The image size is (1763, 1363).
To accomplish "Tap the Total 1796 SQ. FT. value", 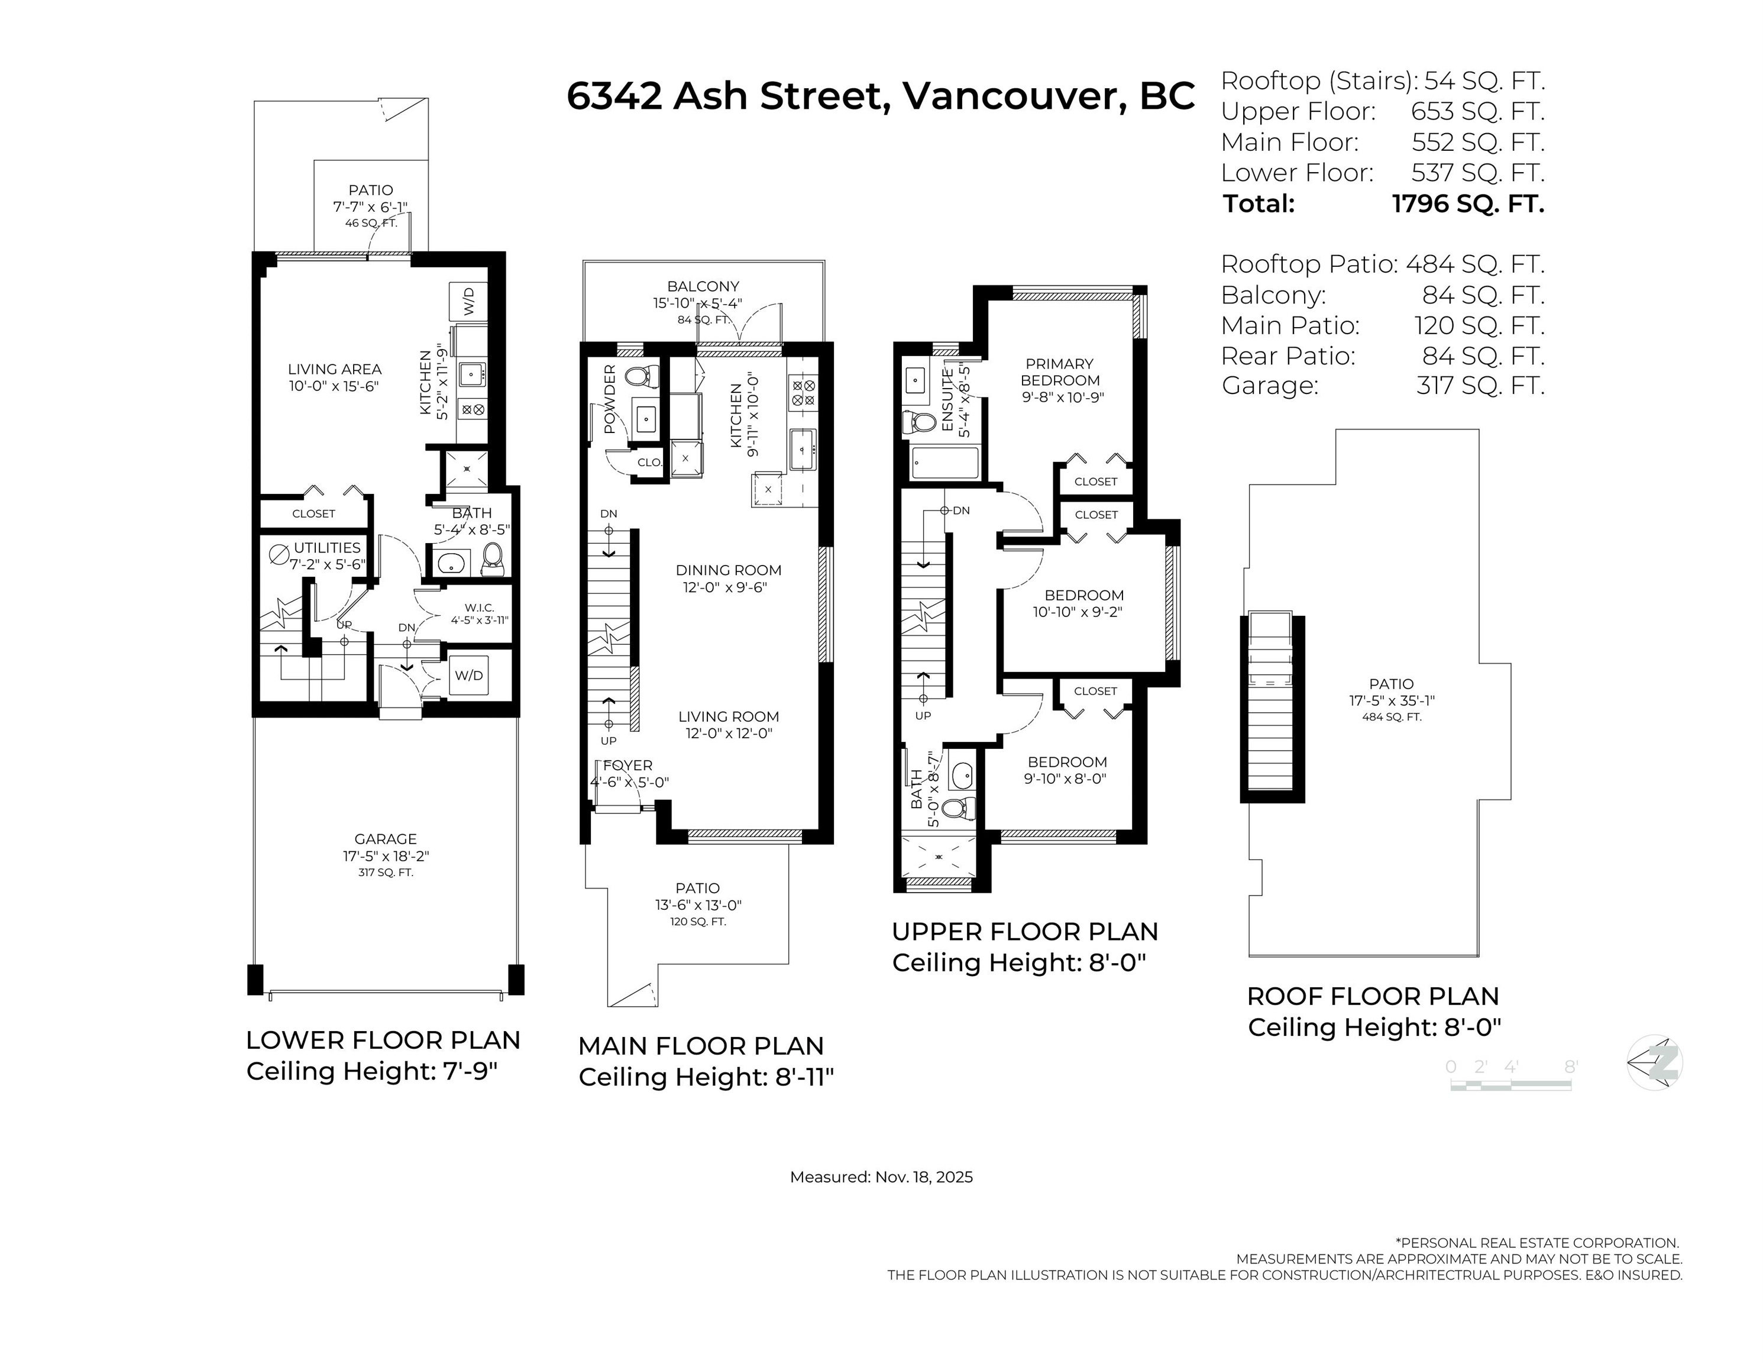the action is click(x=1467, y=204).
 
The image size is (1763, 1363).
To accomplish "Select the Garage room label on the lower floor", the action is click(x=386, y=839).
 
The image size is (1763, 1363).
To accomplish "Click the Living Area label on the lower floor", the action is click(x=334, y=369).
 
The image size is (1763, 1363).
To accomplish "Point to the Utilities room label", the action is click(x=327, y=547).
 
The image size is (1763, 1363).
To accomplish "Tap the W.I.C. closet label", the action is click(x=480, y=607).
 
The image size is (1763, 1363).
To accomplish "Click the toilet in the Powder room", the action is click(x=642, y=376).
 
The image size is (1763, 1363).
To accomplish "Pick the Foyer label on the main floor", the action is click(x=628, y=766).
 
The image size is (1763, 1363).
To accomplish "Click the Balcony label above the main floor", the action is click(x=703, y=286).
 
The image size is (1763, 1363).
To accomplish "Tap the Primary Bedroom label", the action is click(x=1060, y=372).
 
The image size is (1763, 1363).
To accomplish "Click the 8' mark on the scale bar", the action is click(x=1571, y=1067).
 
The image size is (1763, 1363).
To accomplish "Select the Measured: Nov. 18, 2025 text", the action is click(x=881, y=1177).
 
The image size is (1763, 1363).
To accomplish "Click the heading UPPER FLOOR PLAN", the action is click(x=1025, y=932).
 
